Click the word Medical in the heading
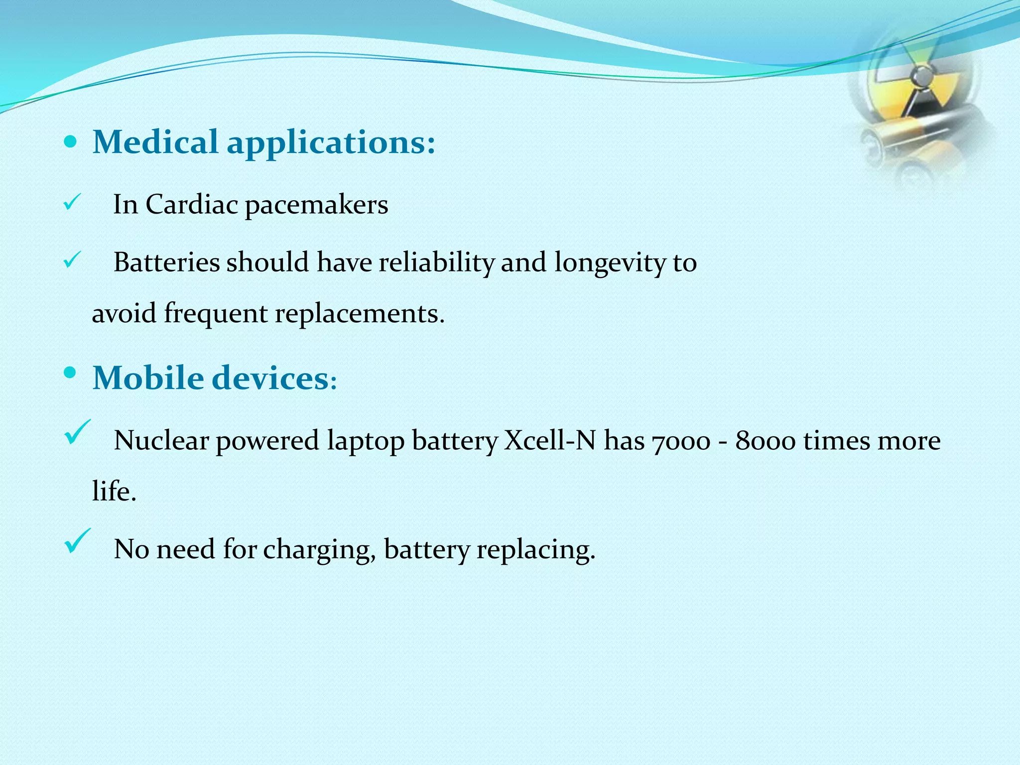(155, 142)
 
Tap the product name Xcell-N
(550, 441)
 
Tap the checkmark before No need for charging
(77, 540)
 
